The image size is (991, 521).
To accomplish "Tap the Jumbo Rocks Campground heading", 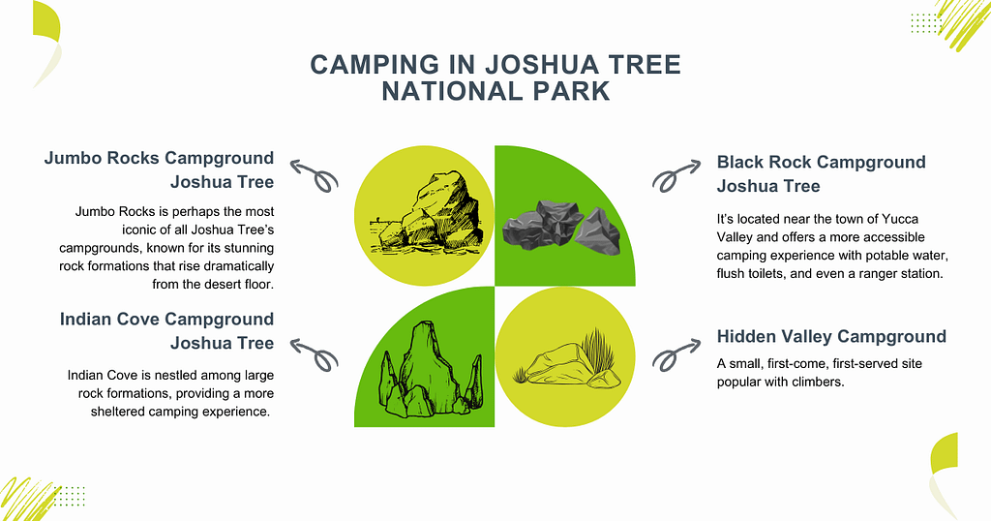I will coord(160,158).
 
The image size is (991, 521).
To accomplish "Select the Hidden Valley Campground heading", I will coord(831,336).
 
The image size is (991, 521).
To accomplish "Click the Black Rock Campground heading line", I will coord(821,162).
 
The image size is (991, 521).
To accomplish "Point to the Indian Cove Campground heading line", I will coord(166,319).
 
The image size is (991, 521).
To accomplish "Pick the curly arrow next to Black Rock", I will coord(676,174).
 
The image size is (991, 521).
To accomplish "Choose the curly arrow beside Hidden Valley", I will coord(676,354).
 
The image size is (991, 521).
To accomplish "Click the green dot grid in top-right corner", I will coord(924,22).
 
